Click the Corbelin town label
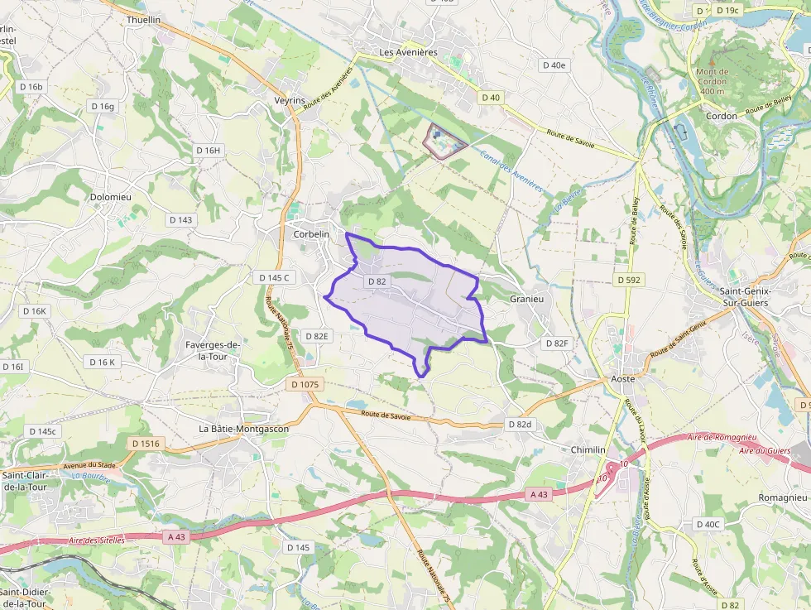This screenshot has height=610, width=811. pos(311,234)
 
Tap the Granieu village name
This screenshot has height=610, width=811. pos(526,299)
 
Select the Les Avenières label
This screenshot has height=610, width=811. pos(407,52)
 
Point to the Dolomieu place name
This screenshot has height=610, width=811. pos(110,198)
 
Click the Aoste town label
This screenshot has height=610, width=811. pos(622,378)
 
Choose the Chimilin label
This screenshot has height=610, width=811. pos(588,449)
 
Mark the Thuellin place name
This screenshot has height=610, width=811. pos(143,19)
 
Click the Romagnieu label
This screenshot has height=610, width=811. pos(782,498)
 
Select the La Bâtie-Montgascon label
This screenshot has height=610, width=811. pos(244,429)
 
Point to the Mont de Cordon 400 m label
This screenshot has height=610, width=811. pos(712,81)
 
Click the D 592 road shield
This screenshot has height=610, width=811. pos(629,280)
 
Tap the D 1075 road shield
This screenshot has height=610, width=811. pos(305,385)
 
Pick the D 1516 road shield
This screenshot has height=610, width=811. pos(146,444)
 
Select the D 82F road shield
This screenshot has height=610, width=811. pos(557,343)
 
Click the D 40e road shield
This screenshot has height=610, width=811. pos(553,65)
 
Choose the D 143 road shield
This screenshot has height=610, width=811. pos(180,219)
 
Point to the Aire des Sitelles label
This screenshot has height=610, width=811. pos(97,540)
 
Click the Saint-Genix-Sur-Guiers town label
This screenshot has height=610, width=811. pos(745,297)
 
